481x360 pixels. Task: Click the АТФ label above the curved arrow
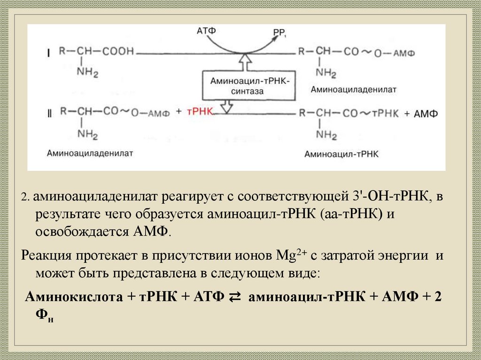pyautogui.click(x=206, y=31)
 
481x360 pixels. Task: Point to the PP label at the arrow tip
pyautogui.click(x=279, y=32)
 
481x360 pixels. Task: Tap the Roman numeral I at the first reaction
pyautogui.click(x=48, y=53)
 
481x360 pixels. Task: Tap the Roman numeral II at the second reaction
pyautogui.click(x=48, y=114)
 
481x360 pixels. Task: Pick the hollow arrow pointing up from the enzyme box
pyautogui.click(x=244, y=61)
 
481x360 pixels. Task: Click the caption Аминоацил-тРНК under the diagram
pyautogui.click(x=341, y=153)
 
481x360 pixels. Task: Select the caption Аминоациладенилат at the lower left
pyautogui.click(x=90, y=153)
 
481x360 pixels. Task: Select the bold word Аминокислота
pyautogui.click(x=75, y=297)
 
